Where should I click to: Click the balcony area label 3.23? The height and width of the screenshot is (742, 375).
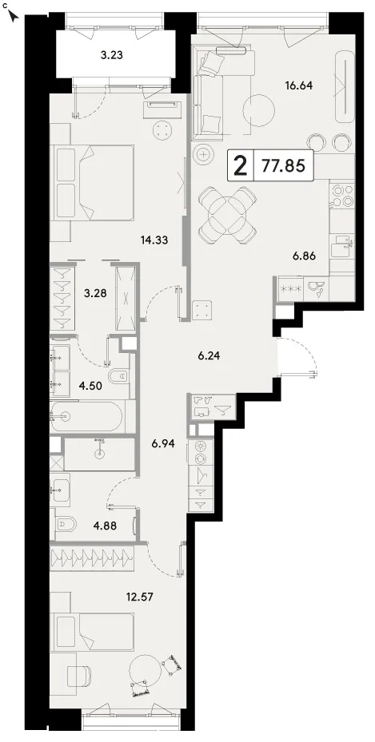click(x=112, y=55)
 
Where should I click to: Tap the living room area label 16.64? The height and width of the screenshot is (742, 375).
click(x=300, y=85)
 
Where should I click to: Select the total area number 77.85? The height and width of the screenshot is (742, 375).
click(x=283, y=165)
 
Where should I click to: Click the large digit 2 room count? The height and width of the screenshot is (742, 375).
click(x=241, y=165)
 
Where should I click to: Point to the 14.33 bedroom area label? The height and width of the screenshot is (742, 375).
click(x=155, y=240)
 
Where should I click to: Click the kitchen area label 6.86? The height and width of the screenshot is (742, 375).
click(x=303, y=256)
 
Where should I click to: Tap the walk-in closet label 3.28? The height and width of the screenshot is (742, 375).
click(x=94, y=293)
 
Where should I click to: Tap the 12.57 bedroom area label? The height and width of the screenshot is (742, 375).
click(x=140, y=594)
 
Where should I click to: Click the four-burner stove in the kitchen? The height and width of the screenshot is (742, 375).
click(x=342, y=196)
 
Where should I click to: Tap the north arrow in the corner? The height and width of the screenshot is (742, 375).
click(x=14, y=17)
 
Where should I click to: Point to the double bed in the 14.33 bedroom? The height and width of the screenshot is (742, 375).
click(x=94, y=181)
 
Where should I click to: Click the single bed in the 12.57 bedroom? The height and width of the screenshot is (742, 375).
click(x=94, y=633)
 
